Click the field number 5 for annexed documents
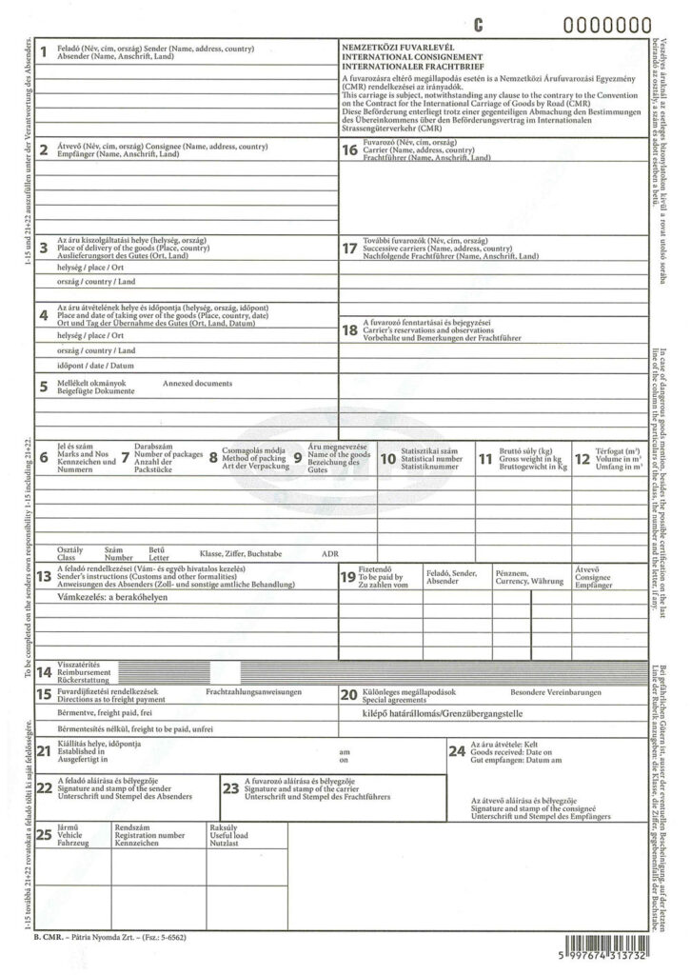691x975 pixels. [44, 386]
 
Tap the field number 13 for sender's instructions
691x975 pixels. [44, 575]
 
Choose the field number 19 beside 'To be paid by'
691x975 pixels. [348, 577]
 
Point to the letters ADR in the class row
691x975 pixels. [330, 553]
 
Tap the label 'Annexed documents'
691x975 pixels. [197, 383]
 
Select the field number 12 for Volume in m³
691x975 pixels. [582, 458]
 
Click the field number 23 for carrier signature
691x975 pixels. [230, 787]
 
